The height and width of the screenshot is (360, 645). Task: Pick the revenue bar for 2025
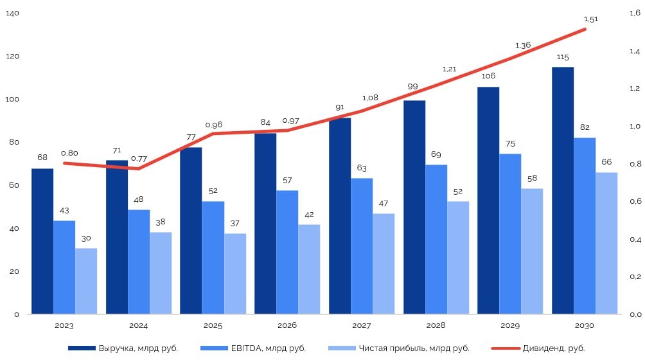pyautogui.click(x=191, y=231)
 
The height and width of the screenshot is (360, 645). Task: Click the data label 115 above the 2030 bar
pyautogui.click(x=562, y=57)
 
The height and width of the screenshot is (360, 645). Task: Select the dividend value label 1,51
pyautogui.click(x=590, y=19)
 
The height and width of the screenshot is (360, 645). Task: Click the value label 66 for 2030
pyautogui.click(x=606, y=161)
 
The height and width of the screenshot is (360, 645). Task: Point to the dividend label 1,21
pyautogui.click(x=449, y=69)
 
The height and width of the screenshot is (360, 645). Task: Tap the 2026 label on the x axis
pyautogui.click(x=287, y=325)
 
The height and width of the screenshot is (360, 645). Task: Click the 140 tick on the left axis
pyautogui.click(x=12, y=14)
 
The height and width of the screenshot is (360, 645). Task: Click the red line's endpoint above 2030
pyautogui.click(x=585, y=29)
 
